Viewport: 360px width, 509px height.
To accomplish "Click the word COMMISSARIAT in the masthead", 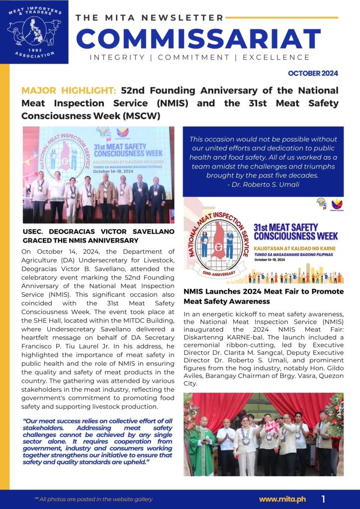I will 198,38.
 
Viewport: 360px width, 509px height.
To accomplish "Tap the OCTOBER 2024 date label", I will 313,74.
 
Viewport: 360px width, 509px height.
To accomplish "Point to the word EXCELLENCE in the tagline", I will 276,58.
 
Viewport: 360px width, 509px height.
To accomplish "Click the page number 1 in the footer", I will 323,499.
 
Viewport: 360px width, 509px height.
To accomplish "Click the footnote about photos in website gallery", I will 93,499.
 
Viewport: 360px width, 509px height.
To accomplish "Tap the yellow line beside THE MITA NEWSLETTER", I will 281,17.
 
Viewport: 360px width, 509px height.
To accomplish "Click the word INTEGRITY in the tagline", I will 117,58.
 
